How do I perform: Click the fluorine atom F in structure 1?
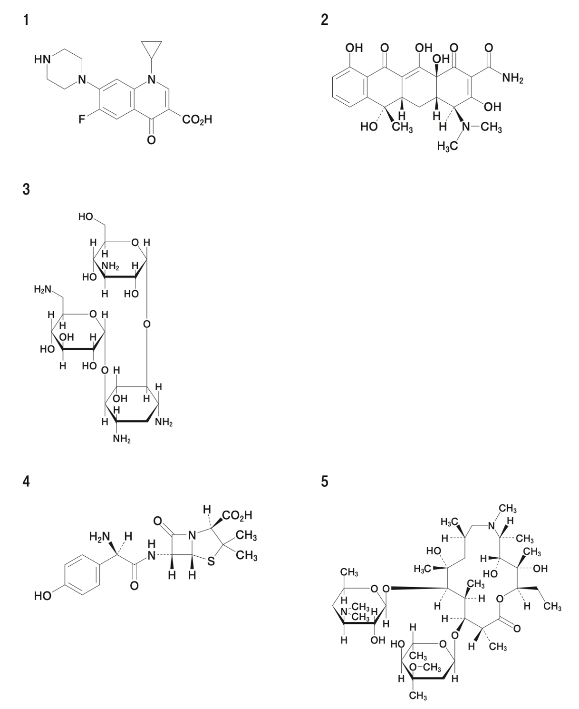pos(82,119)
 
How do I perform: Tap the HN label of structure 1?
pos(42,60)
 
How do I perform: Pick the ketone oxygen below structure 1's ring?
pos(151,139)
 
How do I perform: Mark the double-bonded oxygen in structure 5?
pos(517,629)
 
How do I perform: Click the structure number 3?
pos(26,189)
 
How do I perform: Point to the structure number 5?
pos(324,482)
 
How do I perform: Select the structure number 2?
pos(324,20)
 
